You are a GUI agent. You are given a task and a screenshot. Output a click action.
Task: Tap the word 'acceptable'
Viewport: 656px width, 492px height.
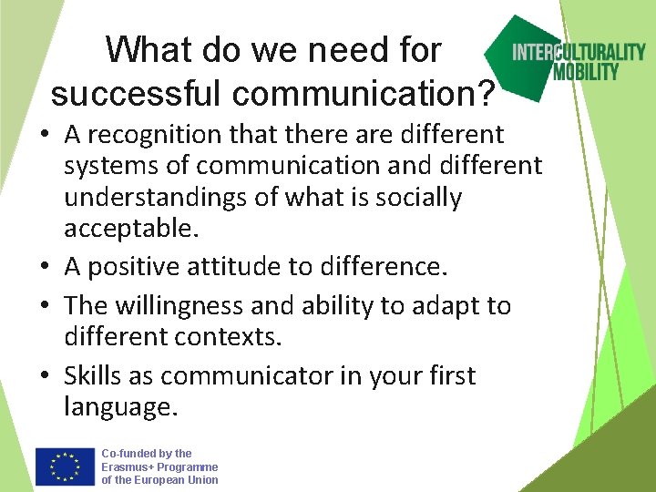click(128, 229)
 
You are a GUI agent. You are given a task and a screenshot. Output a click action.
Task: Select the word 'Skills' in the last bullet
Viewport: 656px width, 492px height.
click(96, 375)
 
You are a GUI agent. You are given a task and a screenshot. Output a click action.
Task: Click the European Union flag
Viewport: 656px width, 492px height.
click(66, 466)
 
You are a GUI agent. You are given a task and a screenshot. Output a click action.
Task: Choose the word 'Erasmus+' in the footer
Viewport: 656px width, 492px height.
click(126, 466)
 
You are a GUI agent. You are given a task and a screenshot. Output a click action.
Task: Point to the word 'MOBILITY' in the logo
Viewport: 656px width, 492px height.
click(587, 71)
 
